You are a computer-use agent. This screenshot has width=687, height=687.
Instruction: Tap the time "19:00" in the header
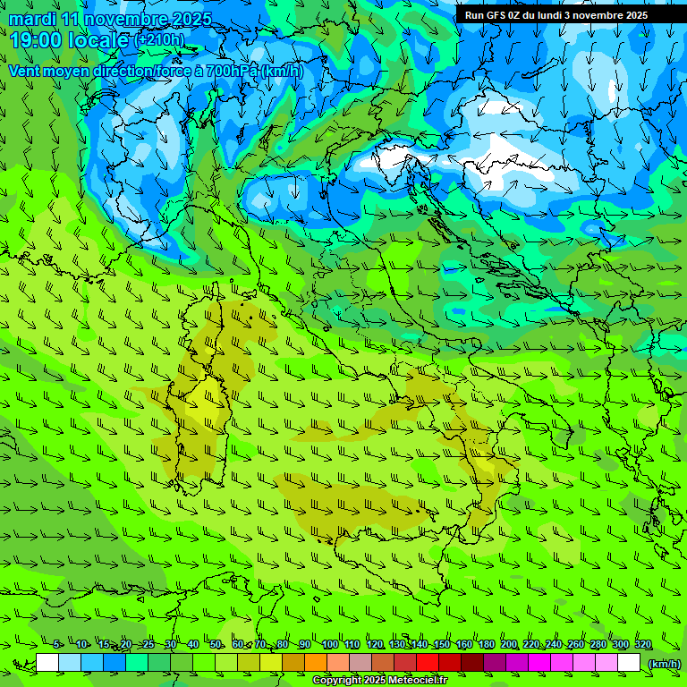pyautogui.click(x=37, y=39)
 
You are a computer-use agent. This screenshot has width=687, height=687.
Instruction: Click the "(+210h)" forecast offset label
pyautogui.click(x=159, y=39)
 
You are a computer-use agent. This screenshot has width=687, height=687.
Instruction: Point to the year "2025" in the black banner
pyautogui.click(x=632, y=15)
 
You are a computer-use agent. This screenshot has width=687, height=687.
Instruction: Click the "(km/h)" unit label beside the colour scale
pyautogui.click(x=664, y=663)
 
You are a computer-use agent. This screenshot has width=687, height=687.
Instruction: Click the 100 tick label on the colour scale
pyautogui.click(x=329, y=644)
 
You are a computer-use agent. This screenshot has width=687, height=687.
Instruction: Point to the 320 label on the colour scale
pyautogui.click(x=642, y=644)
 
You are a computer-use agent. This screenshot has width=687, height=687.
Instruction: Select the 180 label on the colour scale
pyautogui.click(x=486, y=644)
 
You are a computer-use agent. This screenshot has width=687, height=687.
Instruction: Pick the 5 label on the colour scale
pyautogui.click(x=57, y=644)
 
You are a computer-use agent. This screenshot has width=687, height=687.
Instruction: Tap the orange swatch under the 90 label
pyautogui.click(x=316, y=663)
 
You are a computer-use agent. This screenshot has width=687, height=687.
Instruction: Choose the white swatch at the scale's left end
pyautogui.click(x=47, y=663)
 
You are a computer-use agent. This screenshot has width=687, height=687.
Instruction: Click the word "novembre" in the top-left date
pyautogui.click(x=120, y=19)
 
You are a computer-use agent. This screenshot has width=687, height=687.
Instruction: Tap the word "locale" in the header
pyautogui.click(x=100, y=39)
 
